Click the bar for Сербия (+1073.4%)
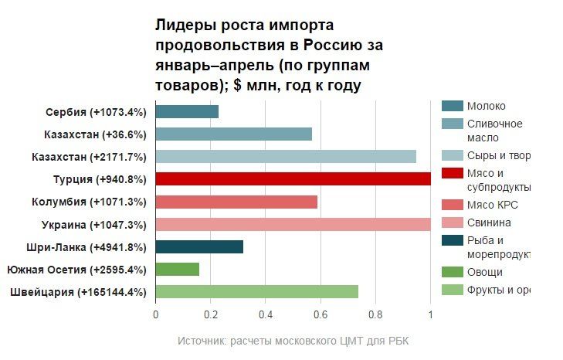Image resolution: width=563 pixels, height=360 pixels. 187,112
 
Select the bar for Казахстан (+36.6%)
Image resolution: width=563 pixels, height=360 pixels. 233,134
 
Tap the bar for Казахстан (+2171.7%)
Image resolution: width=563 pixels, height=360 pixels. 286,157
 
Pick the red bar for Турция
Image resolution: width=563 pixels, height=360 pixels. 293,179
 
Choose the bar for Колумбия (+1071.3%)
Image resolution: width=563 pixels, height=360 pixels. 236,202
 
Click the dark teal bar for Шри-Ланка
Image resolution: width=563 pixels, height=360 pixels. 199,247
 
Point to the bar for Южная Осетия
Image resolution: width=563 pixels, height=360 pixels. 178,270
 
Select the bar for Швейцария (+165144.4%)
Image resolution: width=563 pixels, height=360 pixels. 256,292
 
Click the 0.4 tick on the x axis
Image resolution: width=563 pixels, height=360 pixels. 266,314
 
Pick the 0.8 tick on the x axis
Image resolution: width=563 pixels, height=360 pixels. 375,314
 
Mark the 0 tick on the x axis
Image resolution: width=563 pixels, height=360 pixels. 156,314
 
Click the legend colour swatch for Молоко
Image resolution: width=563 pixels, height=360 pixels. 453,106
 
